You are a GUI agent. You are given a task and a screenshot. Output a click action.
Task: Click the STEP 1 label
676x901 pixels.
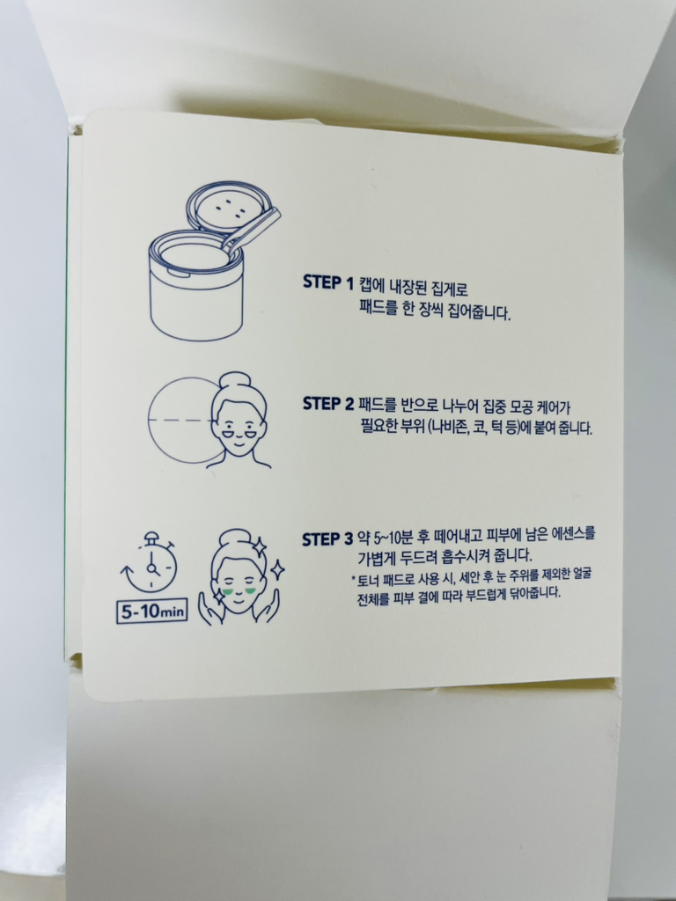tap(327, 283)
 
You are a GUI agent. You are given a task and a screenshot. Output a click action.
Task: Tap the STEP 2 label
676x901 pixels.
tap(328, 405)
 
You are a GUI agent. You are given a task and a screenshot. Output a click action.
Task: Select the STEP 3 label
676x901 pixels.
tap(327, 539)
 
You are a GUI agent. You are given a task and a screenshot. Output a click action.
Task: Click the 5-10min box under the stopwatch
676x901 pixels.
tap(151, 611)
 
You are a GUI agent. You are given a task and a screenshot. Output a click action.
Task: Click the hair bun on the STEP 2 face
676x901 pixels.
tap(236, 382)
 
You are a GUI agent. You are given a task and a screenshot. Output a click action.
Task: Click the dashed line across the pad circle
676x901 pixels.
tap(181, 421)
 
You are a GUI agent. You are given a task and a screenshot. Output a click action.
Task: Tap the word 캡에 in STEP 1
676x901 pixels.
tap(371, 284)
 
